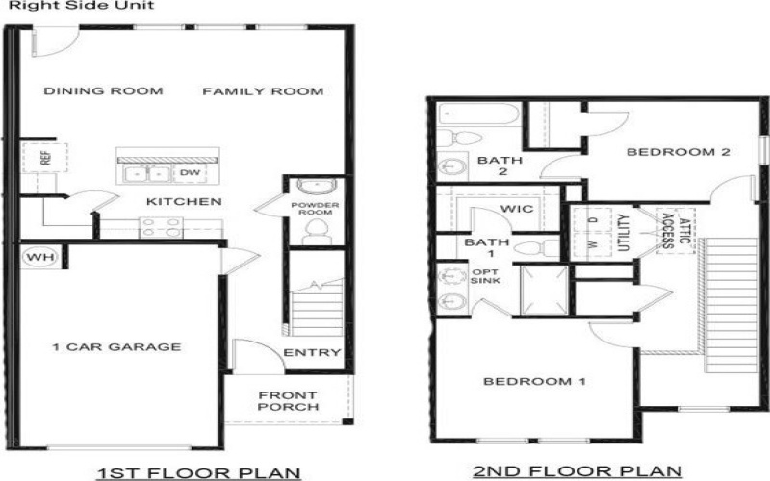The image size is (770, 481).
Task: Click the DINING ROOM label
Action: (x=104, y=91)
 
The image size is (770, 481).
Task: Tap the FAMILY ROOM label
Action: (x=262, y=91)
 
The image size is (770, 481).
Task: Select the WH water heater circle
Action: (x=36, y=257)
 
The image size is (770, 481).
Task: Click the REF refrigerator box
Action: (x=44, y=156)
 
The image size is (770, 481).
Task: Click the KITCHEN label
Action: (x=184, y=202)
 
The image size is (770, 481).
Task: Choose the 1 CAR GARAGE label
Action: (x=117, y=347)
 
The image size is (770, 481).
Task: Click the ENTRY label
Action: (x=312, y=353)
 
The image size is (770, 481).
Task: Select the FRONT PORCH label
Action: (x=289, y=400)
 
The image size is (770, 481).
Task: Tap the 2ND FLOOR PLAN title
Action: (x=577, y=470)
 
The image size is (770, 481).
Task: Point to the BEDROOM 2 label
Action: (x=666, y=152)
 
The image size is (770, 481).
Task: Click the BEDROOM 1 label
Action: (x=534, y=382)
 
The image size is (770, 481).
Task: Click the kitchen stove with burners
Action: (x=162, y=227)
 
